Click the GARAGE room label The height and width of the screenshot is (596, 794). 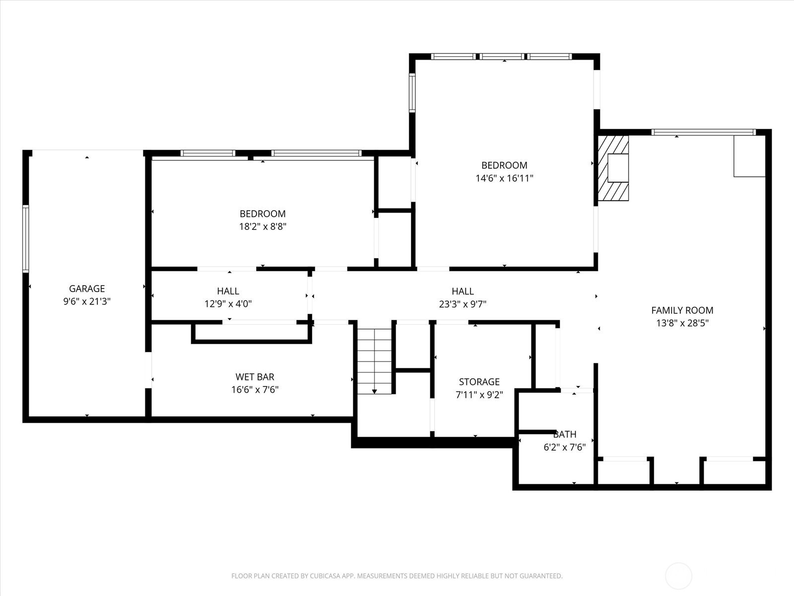click(87, 289)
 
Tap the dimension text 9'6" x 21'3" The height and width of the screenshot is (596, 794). click(87, 301)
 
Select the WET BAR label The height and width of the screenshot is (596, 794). click(255, 376)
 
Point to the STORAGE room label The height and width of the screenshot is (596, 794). click(479, 382)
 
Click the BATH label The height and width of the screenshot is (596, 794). click(565, 434)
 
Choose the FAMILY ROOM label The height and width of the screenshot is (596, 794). click(682, 310)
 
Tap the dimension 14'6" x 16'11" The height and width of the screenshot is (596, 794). click(504, 178)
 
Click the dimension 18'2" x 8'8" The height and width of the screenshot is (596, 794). click(263, 226)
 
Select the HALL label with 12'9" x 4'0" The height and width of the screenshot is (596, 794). click(228, 291)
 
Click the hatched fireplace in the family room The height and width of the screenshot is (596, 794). click(613, 168)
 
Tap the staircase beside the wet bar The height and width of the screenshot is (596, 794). click(374, 361)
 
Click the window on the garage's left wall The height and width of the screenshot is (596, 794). click(26, 238)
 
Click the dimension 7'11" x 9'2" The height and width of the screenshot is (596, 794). click(479, 395)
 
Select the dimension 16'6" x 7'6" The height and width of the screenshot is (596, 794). click(255, 390)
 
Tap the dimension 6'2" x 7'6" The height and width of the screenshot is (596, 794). click(565, 447)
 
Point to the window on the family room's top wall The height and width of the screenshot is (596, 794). click(704, 132)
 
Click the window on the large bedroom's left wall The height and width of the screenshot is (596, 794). click(412, 92)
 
